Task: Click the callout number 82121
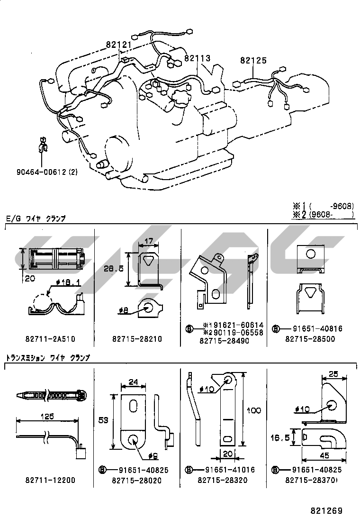[118, 45]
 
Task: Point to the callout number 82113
[197, 58]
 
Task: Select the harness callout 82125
[253, 61]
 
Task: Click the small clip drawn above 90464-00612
[43, 145]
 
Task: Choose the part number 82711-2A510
[50, 339]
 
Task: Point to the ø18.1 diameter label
[66, 282]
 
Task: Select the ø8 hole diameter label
[124, 310]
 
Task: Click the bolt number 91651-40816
[317, 328]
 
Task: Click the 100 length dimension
[253, 410]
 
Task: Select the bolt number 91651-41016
[230, 470]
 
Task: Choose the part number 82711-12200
[50, 480]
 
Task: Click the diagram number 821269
[326, 511]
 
